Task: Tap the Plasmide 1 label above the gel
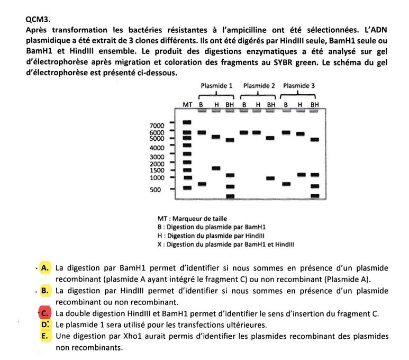coord(216,86)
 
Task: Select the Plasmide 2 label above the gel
coord(259,86)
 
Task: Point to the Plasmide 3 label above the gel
coord(299,86)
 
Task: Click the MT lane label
coord(187,105)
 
